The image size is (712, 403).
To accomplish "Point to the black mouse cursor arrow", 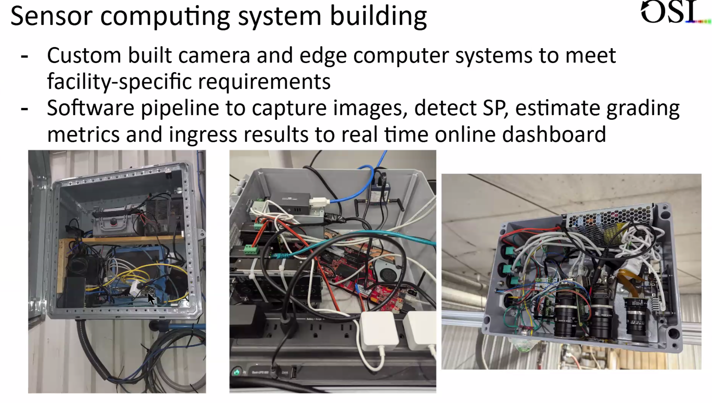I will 151,299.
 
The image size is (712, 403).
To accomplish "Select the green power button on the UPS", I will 237,372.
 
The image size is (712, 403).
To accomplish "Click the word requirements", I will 264,82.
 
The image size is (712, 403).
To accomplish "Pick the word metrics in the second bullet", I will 83,134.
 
